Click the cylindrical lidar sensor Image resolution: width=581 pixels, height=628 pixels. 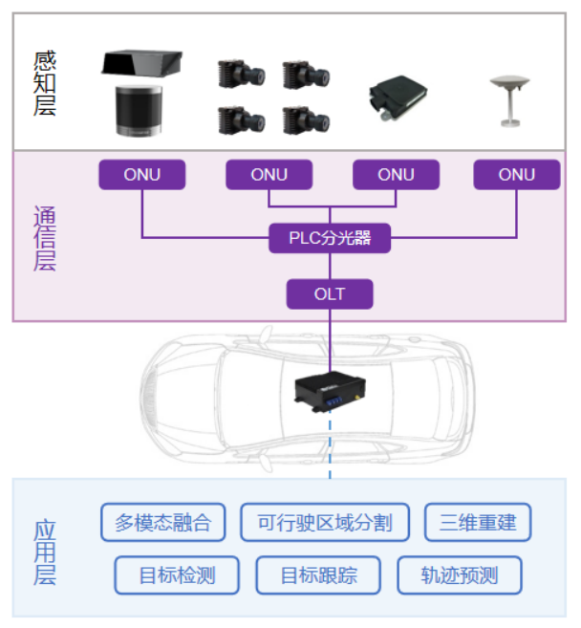(141, 112)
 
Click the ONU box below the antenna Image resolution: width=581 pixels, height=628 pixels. (517, 175)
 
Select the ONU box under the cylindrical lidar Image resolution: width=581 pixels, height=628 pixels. (142, 175)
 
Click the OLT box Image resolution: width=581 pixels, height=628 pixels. (330, 293)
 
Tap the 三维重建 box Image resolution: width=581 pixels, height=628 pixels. (478, 523)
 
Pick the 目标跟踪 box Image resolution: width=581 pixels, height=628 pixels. (318, 575)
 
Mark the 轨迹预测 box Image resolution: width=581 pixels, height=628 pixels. (460, 575)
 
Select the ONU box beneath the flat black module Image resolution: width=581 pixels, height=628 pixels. (397, 175)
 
